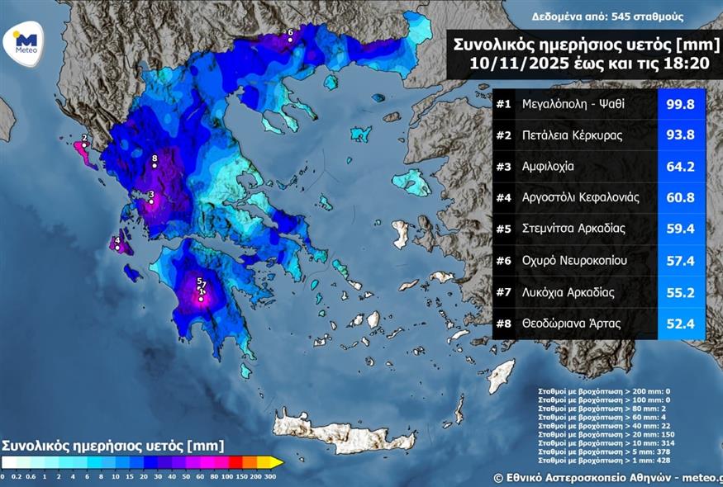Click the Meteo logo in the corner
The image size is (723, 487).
pyautogui.click(x=26, y=41)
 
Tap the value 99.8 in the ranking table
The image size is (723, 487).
pyautogui.click(x=681, y=104)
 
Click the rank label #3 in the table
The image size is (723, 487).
pyautogui.click(x=504, y=167)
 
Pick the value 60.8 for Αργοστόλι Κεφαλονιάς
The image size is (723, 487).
pyautogui.click(x=681, y=198)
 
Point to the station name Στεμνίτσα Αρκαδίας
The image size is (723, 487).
pyautogui.click(x=573, y=229)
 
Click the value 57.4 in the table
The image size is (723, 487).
pyautogui.click(x=681, y=261)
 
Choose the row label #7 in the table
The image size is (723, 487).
pyautogui.click(x=504, y=292)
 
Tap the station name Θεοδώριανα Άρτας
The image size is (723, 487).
pyautogui.click(x=570, y=324)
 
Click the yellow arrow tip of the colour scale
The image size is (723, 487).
pyautogui.click(x=278, y=462)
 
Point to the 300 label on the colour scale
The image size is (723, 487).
pyautogui.click(x=270, y=476)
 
